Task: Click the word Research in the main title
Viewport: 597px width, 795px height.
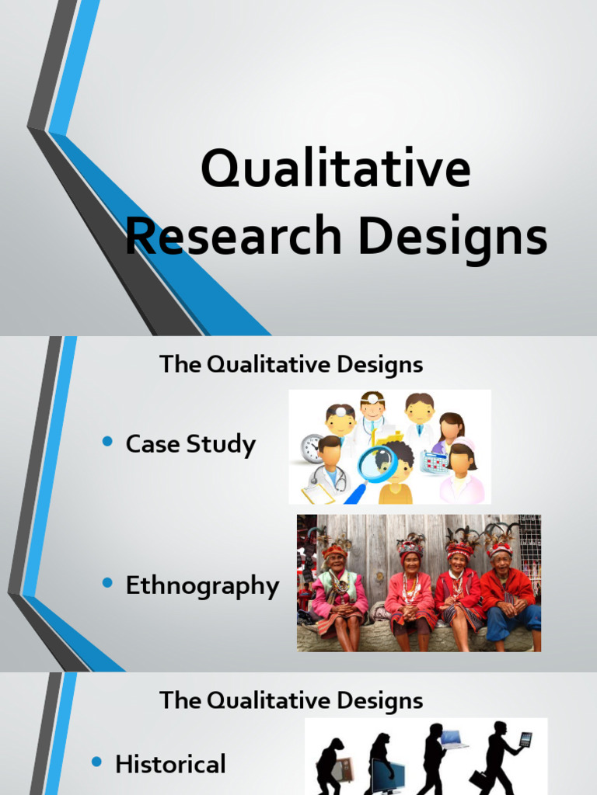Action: [x=234, y=237]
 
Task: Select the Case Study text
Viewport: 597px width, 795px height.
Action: [x=190, y=445]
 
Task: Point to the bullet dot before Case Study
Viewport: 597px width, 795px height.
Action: [x=108, y=442]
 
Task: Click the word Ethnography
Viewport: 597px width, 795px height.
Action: [x=202, y=586]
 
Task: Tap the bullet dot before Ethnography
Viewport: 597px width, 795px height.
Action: [x=108, y=584]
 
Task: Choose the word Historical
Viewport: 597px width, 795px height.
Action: [x=170, y=764]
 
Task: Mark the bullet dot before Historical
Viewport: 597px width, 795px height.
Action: [x=97, y=762]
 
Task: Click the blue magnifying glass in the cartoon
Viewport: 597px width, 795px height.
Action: [x=376, y=464]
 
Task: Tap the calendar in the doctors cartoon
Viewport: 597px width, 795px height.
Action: [x=435, y=461]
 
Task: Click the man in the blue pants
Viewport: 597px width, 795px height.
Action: [x=509, y=598]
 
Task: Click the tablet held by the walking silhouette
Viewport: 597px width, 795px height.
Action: [x=525, y=740]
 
